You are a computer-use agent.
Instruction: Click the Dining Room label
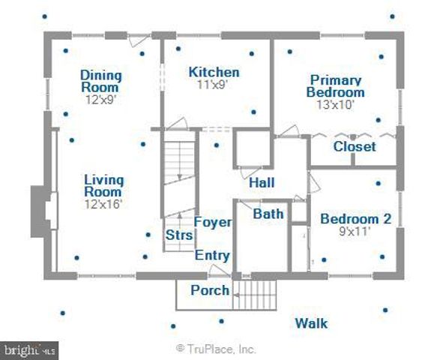coord(101,81)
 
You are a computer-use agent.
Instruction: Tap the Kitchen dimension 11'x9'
coord(213,85)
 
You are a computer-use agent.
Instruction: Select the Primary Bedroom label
coord(336,86)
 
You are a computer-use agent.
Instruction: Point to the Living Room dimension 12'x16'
coord(103,204)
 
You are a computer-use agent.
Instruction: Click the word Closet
coord(355,146)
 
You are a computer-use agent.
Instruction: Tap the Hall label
coord(262,183)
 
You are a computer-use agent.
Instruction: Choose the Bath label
coord(268,214)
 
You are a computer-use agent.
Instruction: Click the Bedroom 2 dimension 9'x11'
coord(355,231)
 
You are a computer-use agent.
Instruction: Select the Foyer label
coord(213,222)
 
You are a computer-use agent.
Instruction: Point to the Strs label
coord(179,235)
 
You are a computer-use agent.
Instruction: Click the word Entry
coord(212,256)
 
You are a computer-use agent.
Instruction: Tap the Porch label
coord(210,290)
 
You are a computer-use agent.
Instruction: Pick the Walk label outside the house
coord(311,323)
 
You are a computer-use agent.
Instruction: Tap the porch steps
coord(255,295)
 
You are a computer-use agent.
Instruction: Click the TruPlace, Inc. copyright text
coord(216,349)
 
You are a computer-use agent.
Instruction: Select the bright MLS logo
coord(29,350)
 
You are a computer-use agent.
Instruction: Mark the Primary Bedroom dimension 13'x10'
coord(336,105)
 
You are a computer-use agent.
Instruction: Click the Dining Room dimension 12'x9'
coord(100,100)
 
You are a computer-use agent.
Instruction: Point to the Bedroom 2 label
coord(356,219)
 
